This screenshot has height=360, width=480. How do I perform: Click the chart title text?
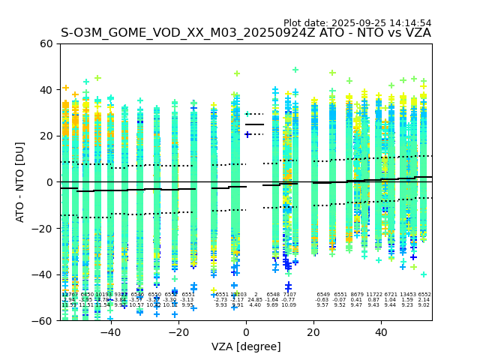coord(246,33)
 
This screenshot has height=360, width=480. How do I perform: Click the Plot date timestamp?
coord(357,23)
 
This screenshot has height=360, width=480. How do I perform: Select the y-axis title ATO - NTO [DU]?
coord(20,182)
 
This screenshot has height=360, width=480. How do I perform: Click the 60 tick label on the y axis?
coord(46,43)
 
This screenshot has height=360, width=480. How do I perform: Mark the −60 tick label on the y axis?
coord(43,320)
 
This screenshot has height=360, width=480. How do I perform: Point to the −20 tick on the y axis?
coord(43,228)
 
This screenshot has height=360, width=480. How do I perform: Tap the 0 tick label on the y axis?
coord(49,182)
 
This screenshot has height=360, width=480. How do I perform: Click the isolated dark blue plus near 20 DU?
coord(247,135)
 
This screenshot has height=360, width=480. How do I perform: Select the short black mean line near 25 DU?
coord(255,124)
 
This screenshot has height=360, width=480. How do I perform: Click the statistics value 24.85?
coord(255,300)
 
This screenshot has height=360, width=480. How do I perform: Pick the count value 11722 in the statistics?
coord(374,295)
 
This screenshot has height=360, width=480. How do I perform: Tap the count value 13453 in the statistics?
coord(407,295)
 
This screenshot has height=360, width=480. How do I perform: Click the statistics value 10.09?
coord(289,305)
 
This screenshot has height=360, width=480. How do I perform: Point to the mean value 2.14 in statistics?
coord(424,300)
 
